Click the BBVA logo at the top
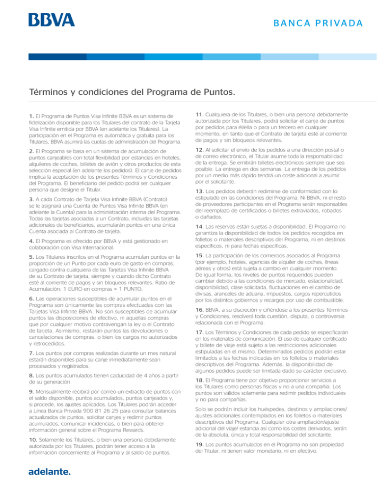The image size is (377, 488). click(x=52, y=20)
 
